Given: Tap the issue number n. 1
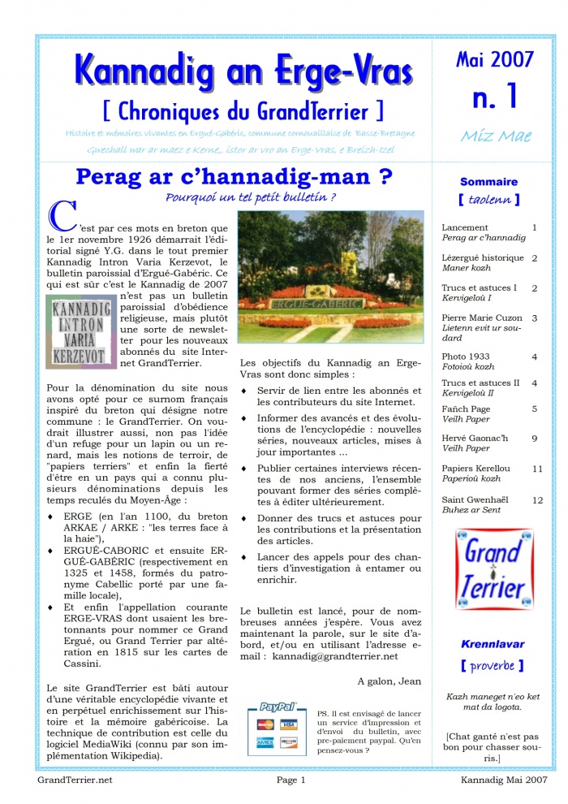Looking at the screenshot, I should point(494,97).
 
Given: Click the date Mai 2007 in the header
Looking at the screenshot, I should point(494,59).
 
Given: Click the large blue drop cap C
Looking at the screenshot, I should point(62,214).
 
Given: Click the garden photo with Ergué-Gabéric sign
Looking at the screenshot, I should point(330,278).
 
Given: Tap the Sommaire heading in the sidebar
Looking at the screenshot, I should point(488,182).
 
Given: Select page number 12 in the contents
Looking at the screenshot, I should point(537,500).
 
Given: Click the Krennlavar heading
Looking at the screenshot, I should point(493,644).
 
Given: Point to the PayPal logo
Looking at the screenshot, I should point(278,707).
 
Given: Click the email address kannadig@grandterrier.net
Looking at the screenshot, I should point(335,655).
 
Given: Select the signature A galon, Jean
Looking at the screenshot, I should point(389,681).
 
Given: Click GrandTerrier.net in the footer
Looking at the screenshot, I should point(75,780).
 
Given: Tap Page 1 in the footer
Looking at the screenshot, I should point(290,780).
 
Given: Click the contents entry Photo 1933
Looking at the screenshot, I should point(465,357).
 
